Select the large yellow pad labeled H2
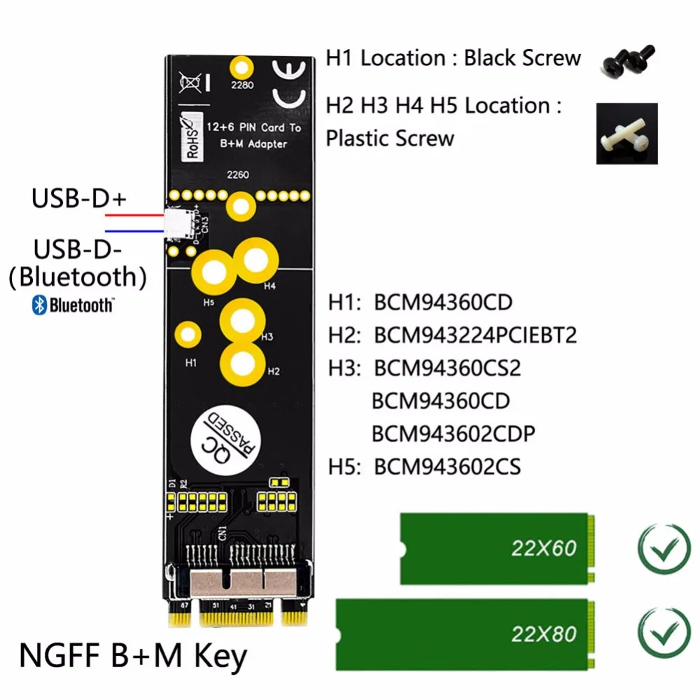tap(242, 363)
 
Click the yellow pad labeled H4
tap(255, 260)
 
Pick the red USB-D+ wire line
tap(133, 216)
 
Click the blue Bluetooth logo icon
tap(39, 305)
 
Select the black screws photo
tap(627, 61)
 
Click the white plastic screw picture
tap(626, 134)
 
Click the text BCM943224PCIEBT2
tap(475, 335)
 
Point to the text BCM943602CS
tap(447, 466)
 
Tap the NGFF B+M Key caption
tap(133, 657)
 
